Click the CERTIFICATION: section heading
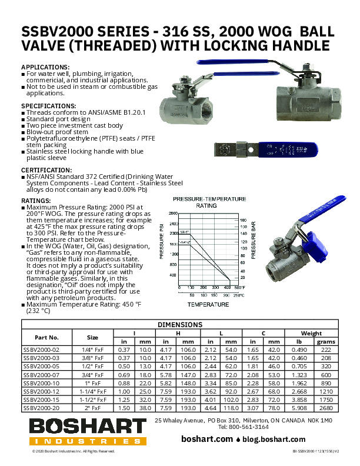[47, 170]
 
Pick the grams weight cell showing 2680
[326, 406]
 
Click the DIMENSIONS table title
[180, 324]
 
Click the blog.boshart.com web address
[275, 439]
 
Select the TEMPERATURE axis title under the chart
[208, 305]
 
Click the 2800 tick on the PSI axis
[173, 214]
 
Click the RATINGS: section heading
[36, 200]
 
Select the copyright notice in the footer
[73, 451]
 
